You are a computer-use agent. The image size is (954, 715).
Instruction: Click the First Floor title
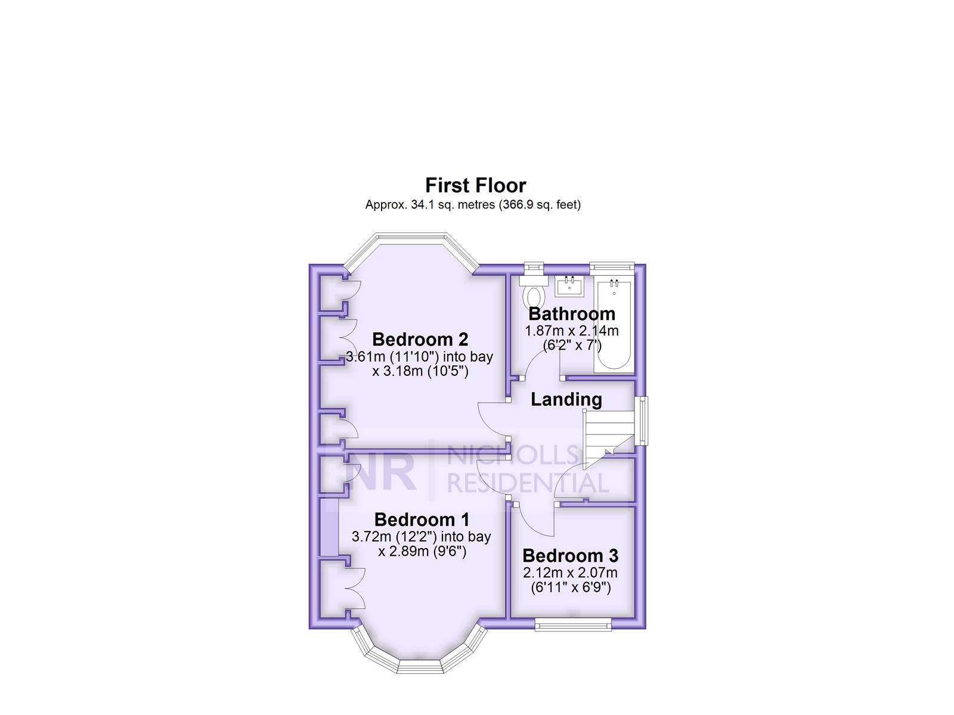pos(475,185)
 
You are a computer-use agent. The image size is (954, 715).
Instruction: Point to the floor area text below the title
pos(473,205)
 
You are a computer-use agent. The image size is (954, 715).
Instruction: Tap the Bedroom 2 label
pos(420,339)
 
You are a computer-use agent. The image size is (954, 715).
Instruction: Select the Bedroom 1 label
pos(422,520)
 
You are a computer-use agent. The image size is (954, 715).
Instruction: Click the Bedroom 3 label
pos(570,555)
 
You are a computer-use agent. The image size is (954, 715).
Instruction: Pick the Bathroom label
pos(571,313)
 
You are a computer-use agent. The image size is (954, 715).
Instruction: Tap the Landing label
pos(566,399)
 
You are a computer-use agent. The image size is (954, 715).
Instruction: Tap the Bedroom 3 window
pos(572,624)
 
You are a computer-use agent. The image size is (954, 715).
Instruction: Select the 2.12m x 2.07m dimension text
pos(570,573)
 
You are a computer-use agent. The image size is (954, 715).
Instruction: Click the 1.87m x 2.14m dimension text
pos(571,331)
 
